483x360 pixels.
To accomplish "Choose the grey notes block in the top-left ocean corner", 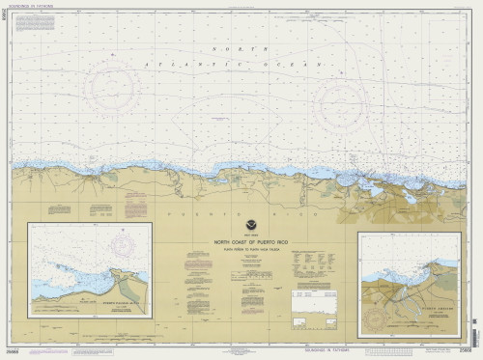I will [39, 29].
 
